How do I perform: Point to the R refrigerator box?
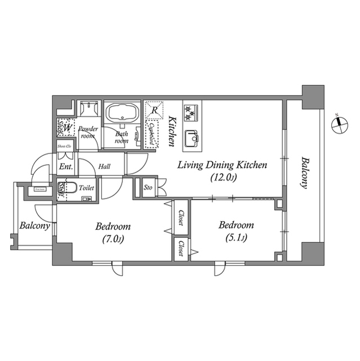click(154, 110)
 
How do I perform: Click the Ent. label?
click(65, 167)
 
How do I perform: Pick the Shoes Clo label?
click(65, 147)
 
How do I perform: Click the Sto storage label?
click(148, 187)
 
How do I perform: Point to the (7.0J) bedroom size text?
click(113, 239)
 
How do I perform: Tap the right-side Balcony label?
click(305, 172)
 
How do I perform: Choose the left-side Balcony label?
click(35, 226)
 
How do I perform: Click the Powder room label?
click(88, 132)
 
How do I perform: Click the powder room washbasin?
click(88, 108)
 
